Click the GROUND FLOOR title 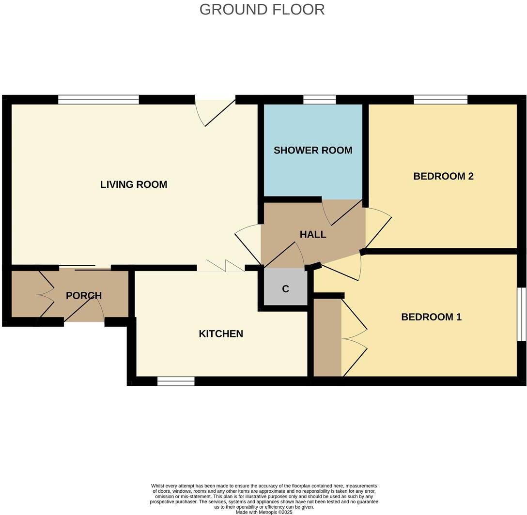262,9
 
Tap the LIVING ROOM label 134,184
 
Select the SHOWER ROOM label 313,150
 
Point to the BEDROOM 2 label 443,176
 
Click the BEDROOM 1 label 431,317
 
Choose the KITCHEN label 221,333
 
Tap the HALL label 313,235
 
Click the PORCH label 84,295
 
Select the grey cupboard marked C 285,289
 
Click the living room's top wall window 98,100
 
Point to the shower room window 319,100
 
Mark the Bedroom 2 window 440,100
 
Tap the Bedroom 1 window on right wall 521,315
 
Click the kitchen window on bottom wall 176,381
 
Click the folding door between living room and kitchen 221,267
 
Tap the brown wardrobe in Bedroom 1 327,337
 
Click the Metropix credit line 264,512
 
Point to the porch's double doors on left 45,294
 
